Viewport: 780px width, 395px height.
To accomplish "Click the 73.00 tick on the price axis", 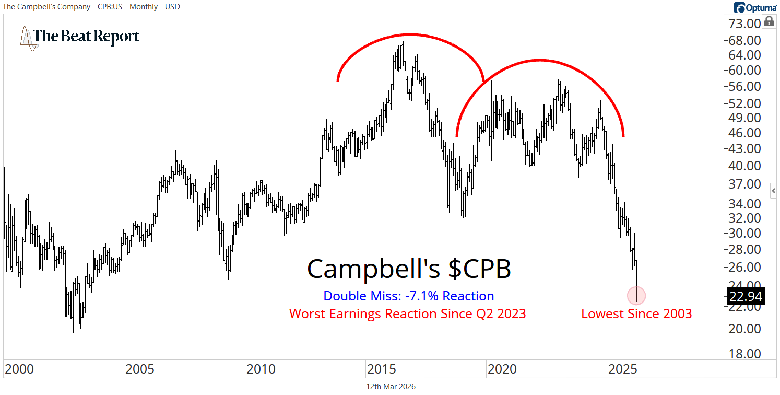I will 746,24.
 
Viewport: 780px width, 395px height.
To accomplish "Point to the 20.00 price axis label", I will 746,329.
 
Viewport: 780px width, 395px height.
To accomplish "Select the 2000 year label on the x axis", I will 20,369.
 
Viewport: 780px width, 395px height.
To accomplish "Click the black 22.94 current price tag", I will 746,297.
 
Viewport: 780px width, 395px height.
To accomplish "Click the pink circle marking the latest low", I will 636,296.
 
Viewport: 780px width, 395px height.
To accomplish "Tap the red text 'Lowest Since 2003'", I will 636,313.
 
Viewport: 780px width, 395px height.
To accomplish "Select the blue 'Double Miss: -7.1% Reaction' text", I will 408,296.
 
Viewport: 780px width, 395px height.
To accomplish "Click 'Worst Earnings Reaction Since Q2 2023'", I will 407,313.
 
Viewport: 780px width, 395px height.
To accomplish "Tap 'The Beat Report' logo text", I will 86,37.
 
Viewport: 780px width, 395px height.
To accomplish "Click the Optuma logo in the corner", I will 755,7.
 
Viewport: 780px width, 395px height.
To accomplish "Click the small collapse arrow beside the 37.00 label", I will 774,191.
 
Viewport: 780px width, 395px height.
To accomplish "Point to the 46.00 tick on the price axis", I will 746,133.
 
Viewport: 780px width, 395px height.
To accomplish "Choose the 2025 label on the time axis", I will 623,369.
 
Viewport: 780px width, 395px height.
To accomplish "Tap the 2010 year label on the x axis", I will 261,369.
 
